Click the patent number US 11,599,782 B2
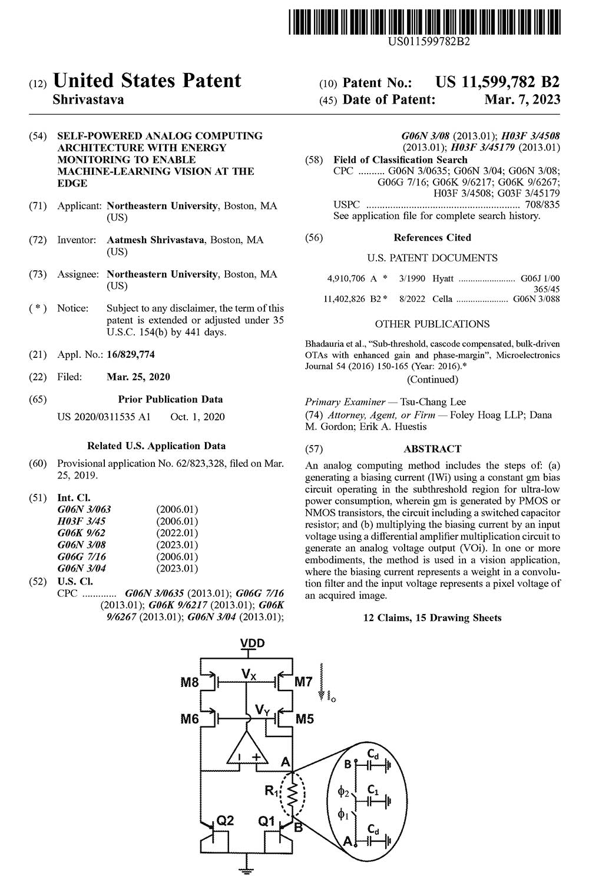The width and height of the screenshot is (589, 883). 498,82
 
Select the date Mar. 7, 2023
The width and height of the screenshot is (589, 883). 522,99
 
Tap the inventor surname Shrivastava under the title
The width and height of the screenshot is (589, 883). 88,99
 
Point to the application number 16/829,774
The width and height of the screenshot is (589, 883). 131,354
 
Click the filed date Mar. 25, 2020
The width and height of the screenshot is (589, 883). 138,377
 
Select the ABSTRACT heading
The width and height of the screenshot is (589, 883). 432,449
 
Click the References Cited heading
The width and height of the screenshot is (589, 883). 432,237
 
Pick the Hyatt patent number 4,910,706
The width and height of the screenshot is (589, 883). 346,278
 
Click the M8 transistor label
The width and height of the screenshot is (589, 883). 190,683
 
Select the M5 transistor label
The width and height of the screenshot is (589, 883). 305,718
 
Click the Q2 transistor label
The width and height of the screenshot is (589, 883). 226,820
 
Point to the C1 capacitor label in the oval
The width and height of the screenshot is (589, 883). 372,788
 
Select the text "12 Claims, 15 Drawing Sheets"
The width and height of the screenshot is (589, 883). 432,618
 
